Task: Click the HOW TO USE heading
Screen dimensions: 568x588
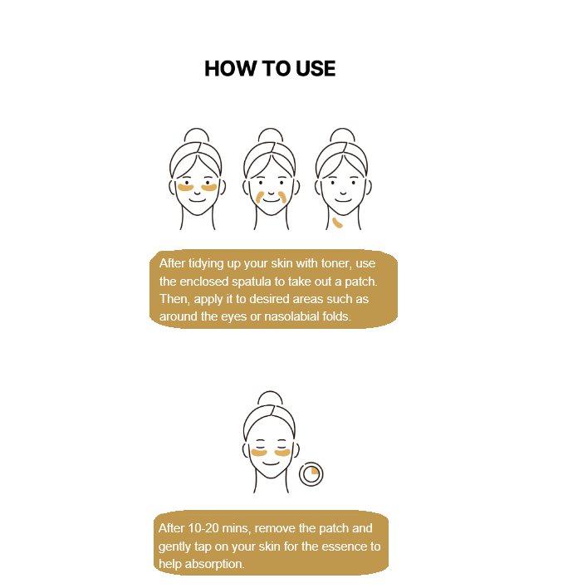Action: (x=270, y=69)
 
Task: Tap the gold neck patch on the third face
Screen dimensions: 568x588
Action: (x=337, y=223)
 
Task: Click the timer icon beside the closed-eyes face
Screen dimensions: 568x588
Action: (x=311, y=474)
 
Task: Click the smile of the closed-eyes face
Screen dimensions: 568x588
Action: (x=271, y=463)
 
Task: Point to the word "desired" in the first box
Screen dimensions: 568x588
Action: (x=269, y=299)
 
